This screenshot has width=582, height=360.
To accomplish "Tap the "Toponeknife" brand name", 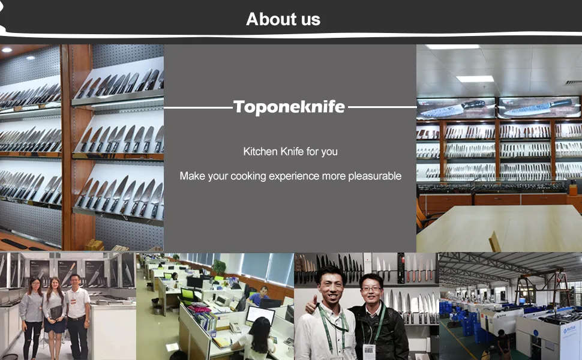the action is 289,107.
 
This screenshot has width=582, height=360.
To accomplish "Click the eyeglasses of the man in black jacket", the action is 371,288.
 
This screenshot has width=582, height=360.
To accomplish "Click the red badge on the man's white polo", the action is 73,301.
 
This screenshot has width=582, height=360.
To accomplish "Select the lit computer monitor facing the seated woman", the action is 260,315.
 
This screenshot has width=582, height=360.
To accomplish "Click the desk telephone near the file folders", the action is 235,327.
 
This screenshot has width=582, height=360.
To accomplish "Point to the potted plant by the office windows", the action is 220,267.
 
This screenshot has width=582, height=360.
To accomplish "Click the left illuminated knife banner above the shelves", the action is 456,109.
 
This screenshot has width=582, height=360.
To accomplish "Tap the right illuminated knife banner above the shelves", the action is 539,107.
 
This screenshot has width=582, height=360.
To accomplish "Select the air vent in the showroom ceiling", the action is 574,82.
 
